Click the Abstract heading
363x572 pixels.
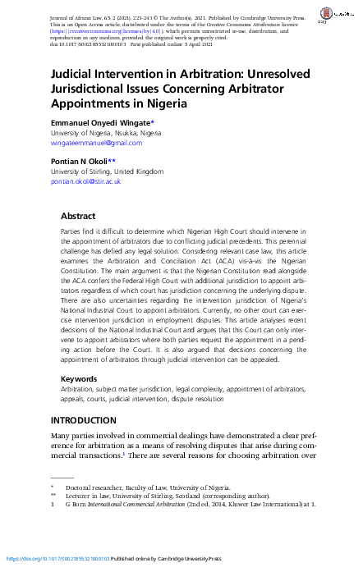tap(79, 216)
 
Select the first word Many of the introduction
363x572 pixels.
tap(62, 435)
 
